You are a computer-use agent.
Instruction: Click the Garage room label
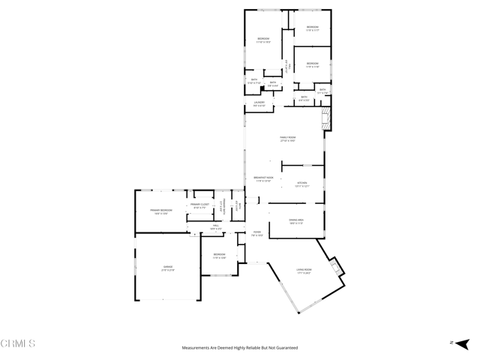[x=168, y=266]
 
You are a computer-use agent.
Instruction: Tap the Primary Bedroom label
[x=161, y=209]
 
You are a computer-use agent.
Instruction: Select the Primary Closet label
[x=199, y=204]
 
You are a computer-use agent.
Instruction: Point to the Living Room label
[x=303, y=269]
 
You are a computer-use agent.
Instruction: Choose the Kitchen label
[x=302, y=181]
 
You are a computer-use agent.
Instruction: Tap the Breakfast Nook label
[x=263, y=177]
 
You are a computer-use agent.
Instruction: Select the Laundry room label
[x=259, y=102]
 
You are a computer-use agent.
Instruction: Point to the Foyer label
[x=256, y=232]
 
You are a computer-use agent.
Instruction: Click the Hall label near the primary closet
[x=215, y=225]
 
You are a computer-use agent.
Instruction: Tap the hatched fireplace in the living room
[x=337, y=266]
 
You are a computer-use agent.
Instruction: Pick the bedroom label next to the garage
[x=219, y=254]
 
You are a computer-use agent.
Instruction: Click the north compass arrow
[x=452, y=343]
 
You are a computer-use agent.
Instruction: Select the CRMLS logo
[x=19, y=343]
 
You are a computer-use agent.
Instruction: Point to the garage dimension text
[x=168, y=270]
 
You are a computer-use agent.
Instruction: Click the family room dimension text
[x=288, y=141]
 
